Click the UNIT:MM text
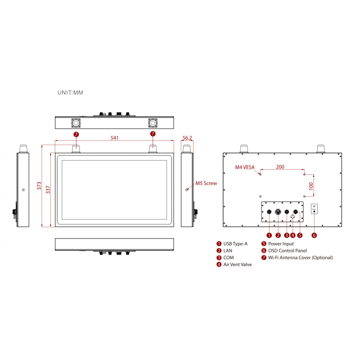[70, 92]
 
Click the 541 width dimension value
[114, 138]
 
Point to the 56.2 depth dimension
[187, 138]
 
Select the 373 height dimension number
[39, 185]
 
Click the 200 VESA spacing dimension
[280, 166]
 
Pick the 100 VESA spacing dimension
[310, 185]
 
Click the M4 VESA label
[245, 167]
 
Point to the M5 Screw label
[206, 183]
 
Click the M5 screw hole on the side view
[187, 190]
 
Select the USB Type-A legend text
[235, 244]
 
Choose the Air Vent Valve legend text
[238, 265]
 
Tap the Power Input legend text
[281, 244]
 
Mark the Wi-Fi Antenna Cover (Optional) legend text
[300, 258]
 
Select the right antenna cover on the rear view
[321, 149]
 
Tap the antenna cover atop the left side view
[23, 149]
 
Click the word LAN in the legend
[228, 251]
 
